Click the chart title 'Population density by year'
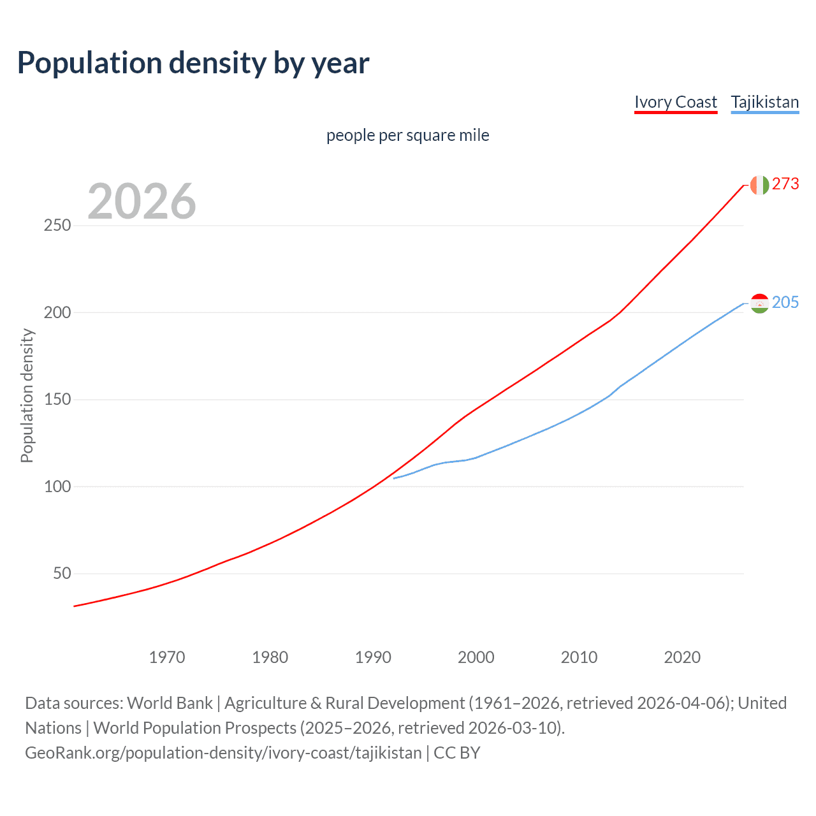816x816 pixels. (193, 63)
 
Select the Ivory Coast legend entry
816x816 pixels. (676, 102)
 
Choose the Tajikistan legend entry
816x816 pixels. (764, 102)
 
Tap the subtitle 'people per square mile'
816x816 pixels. (407, 135)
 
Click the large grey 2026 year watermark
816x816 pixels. (142, 201)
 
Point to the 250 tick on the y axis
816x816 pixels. (57, 226)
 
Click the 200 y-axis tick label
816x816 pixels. (57, 312)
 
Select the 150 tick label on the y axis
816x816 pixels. (57, 400)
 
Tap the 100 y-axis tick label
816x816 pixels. (57, 486)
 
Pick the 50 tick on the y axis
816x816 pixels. (62, 574)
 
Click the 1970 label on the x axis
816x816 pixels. (167, 657)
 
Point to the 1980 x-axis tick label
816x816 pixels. (270, 657)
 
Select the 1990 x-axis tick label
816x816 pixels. (373, 657)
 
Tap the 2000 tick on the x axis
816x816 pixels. (476, 657)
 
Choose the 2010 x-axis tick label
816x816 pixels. (579, 657)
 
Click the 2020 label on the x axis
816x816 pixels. (682, 657)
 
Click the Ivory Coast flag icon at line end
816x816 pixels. (759, 185)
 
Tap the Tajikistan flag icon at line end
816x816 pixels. (759, 303)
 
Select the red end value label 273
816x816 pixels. (785, 184)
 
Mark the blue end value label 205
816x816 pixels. (785, 303)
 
